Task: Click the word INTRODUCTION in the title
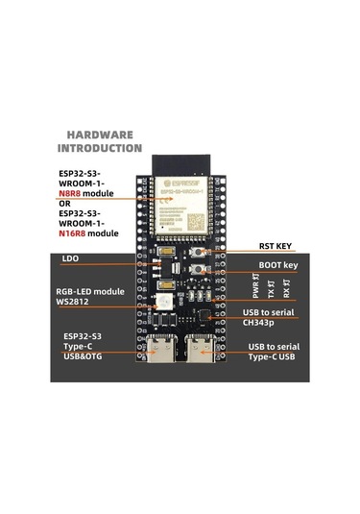tap(101, 149)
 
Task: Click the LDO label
tap(70, 258)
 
